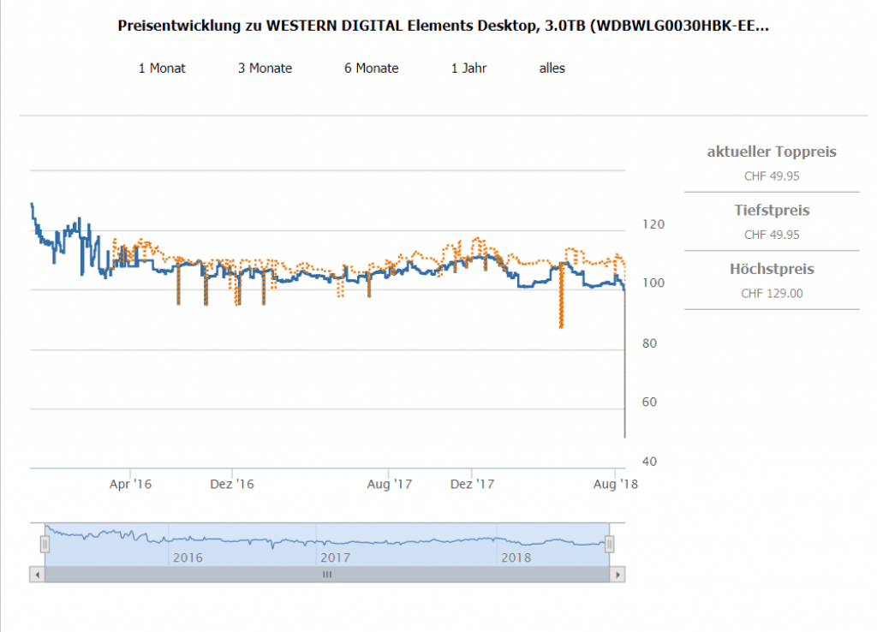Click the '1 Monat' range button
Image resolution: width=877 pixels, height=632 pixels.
coord(162,69)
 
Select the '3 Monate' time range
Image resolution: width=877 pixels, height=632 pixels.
coord(265,69)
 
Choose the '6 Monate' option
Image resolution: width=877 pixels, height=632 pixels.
coord(371,69)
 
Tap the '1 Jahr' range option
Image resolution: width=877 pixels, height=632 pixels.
coord(468,69)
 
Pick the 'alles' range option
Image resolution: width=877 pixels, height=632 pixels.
coord(552,69)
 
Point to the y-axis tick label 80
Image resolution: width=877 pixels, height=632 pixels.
coord(650,343)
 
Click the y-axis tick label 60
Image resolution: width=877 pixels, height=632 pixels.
coord(650,402)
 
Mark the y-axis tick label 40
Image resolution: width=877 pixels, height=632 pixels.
coord(650,462)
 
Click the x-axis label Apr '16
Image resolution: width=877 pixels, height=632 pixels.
coord(130,484)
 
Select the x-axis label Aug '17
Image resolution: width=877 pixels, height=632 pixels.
coord(390,484)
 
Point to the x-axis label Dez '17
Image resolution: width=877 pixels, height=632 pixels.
coord(473,484)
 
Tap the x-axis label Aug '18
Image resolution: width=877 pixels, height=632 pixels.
coord(616,484)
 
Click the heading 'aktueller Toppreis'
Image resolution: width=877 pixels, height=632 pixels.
coord(772,152)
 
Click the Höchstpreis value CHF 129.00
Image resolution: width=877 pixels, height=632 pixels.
coord(772,293)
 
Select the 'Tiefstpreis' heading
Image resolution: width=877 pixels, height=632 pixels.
coord(772,210)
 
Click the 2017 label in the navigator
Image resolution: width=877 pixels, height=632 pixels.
coord(335,557)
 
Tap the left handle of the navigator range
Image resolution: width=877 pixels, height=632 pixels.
coord(45,543)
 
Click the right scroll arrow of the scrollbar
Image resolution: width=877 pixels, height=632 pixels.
coord(617,575)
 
